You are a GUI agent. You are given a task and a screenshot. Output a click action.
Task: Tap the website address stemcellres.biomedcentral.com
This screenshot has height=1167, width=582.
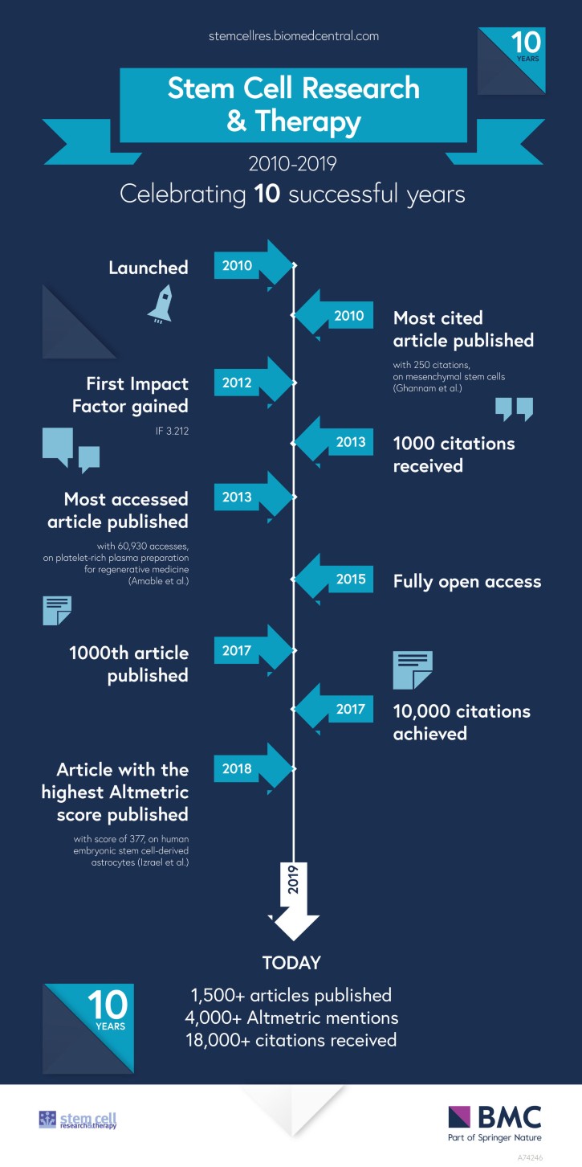292,36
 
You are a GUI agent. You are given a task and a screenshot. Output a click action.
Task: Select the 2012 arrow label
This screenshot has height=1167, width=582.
237,383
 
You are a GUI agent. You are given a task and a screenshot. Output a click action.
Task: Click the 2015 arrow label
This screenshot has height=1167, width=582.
350,579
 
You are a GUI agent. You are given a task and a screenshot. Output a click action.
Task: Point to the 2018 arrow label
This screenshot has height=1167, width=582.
237,768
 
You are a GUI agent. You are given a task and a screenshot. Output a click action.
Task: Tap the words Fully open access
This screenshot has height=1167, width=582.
466,581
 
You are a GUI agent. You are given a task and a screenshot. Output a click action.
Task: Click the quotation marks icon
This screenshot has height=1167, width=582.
514,408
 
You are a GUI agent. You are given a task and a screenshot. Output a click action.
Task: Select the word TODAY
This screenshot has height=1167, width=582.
291,963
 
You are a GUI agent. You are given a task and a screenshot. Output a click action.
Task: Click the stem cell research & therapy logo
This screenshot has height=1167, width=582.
78,1120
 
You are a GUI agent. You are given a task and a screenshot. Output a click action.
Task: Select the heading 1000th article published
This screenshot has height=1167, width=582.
129,664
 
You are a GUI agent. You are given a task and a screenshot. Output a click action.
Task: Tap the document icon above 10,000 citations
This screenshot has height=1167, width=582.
413,670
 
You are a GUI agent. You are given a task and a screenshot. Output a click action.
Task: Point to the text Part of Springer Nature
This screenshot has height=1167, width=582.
494,1136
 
